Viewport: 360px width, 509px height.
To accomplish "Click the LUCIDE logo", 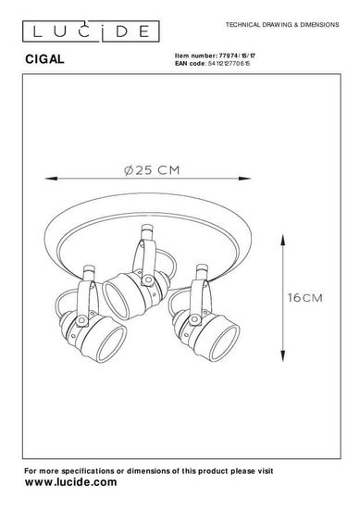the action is (x=91, y=31).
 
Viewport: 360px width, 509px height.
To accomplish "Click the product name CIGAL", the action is (x=44, y=59).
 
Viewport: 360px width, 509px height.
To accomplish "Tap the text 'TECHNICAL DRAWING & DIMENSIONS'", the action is (x=282, y=25).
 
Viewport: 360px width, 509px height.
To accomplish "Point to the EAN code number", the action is (x=229, y=63).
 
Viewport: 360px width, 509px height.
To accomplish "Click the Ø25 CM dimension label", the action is (x=152, y=170).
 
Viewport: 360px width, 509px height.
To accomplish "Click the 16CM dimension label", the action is (x=305, y=298).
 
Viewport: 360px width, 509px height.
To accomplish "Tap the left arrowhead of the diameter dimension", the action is (x=51, y=179).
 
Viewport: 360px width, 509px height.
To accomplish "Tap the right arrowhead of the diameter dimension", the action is (x=244, y=179).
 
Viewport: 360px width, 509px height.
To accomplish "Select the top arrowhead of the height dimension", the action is (x=283, y=242).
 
